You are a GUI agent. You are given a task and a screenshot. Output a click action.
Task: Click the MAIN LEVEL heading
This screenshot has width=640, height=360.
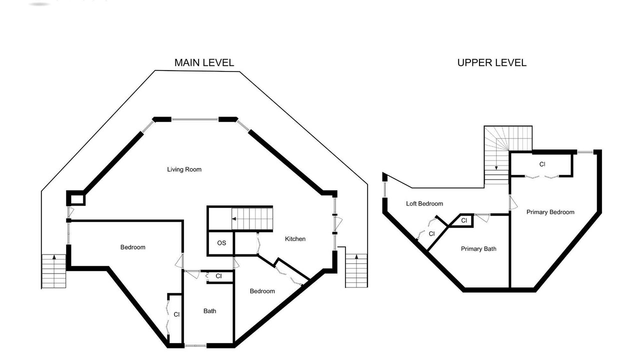(x=204, y=63)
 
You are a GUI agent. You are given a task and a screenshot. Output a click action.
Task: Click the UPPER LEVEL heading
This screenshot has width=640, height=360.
(x=491, y=63)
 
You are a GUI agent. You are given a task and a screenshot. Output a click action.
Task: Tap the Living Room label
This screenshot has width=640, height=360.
(x=184, y=169)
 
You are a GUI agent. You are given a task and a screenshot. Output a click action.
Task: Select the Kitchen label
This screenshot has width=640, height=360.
(x=295, y=239)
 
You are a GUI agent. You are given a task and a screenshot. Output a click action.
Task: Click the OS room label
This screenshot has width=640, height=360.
(x=221, y=243)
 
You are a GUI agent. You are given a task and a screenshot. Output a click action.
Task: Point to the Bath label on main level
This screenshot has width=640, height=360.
(x=209, y=311)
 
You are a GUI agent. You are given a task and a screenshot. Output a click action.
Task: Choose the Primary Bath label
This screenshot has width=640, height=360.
(x=478, y=249)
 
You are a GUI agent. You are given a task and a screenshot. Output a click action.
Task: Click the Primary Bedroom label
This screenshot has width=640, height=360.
(x=550, y=212)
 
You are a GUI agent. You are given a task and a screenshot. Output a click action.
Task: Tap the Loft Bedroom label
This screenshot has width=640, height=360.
(x=424, y=203)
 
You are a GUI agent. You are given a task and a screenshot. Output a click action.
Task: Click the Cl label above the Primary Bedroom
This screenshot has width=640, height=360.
(x=542, y=164)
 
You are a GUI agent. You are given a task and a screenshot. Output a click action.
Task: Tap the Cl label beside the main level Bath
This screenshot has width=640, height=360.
(x=218, y=276)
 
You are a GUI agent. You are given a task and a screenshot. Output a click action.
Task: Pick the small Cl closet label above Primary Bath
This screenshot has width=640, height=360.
(x=464, y=220)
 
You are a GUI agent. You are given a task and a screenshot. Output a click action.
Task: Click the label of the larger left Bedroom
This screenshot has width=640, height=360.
(x=133, y=247)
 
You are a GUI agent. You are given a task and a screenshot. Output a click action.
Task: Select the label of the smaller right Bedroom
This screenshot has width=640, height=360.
(x=262, y=291)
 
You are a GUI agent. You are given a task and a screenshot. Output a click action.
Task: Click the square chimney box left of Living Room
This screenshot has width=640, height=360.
(x=76, y=198)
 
